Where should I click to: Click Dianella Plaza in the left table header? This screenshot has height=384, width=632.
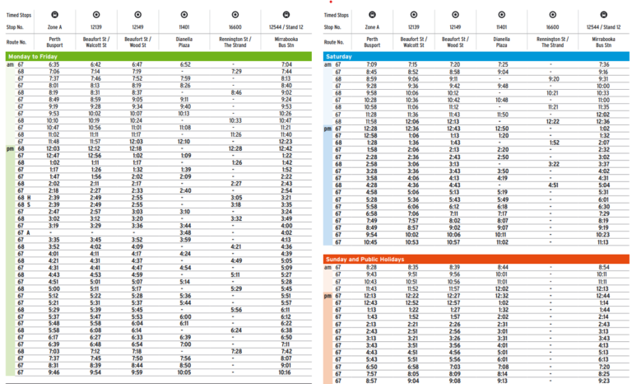click(x=185, y=40)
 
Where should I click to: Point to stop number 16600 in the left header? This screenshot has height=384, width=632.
click(x=239, y=26)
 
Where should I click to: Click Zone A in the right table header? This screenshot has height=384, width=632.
click(x=371, y=26)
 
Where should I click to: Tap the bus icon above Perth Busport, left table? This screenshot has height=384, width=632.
click(x=53, y=14)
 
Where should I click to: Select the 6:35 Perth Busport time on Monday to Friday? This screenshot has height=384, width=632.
click(x=53, y=64)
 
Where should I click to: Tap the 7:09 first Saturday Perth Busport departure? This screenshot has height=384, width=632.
click(x=371, y=64)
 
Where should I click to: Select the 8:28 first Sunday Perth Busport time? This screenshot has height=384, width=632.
click(x=371, y=268)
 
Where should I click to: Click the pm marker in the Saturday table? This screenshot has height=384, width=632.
click(x=327, y=128)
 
